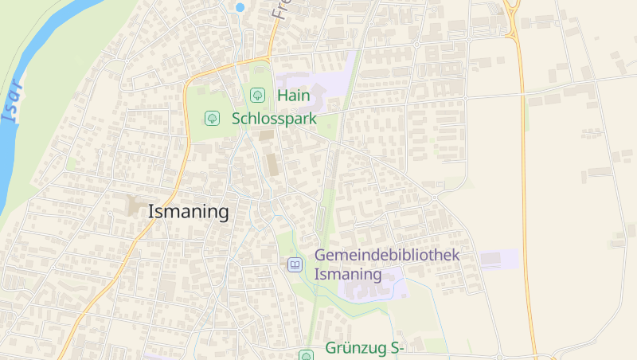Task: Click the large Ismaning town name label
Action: (x=189, y=212)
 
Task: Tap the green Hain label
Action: (x=293, y=95)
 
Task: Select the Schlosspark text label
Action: (x=274, y=119)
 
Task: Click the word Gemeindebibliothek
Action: (x=388, y=255)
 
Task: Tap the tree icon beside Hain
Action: (x=257, y=95)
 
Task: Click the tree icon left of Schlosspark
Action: (x=212, y=119)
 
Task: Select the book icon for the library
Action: (x=295, y=264)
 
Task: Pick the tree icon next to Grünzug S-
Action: (x=306, y=354)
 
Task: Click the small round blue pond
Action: (x=240, y=7)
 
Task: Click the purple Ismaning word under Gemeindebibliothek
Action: (x=348, y=274)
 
